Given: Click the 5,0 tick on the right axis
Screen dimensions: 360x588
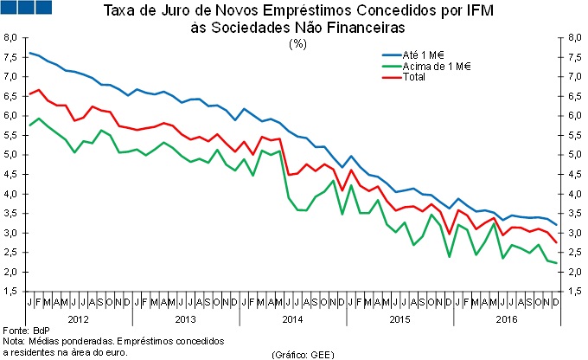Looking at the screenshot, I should click(x=575, y=155).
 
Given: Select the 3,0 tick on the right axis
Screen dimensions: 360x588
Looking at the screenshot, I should click(x=575, y=233).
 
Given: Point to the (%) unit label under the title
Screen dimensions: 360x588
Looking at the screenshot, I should click(x=298, y=42).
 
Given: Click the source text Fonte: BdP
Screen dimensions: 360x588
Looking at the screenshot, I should click(x=27, y=331).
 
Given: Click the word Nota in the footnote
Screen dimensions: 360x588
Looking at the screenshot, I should click(x=13, y=342).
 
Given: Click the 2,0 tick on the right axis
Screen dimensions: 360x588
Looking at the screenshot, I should click(x=575, y=272).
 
